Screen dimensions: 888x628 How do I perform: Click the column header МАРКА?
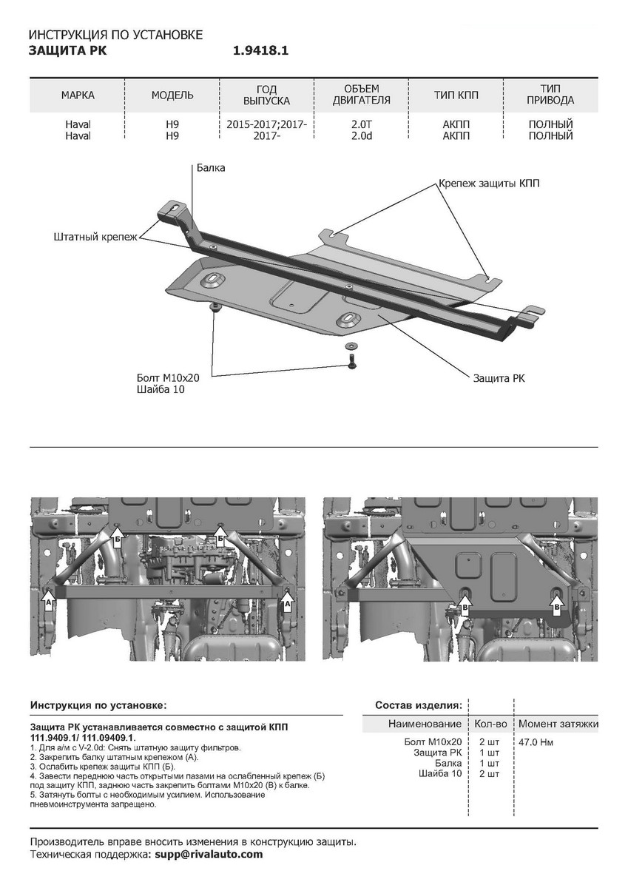(78, 95)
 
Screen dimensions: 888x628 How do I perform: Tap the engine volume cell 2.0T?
(362, 124)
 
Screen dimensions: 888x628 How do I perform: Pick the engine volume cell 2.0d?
(362, 136)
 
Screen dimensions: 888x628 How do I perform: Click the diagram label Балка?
(211, 168)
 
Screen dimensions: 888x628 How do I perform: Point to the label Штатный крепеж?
(95, 237)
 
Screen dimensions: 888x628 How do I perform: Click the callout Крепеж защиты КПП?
(489, 183)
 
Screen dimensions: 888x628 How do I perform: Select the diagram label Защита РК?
(499, 378)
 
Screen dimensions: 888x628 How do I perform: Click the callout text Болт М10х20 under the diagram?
(169, 377)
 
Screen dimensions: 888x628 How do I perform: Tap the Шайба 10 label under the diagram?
(160, 388)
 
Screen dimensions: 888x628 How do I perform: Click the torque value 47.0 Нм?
(536, 741)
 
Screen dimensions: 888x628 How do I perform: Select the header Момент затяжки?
(558, 723)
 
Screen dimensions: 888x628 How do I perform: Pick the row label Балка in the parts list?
(448, 763)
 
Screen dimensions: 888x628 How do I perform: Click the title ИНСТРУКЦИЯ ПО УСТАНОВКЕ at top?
(115, 35)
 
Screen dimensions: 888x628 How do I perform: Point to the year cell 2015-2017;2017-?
(267, 124)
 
